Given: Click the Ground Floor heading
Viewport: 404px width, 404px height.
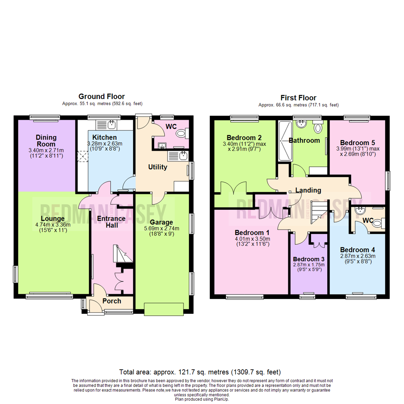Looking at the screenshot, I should (101, 97).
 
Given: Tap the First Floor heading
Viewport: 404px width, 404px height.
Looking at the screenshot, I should (298, 98).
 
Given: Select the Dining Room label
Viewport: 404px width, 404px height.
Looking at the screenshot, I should (46, 140).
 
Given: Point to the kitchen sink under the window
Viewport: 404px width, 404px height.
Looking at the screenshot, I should (111, 124).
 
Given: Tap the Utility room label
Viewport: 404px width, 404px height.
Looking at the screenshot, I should (157, 167).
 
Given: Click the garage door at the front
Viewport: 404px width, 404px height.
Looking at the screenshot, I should (164, 309).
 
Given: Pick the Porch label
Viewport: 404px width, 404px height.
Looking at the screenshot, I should (111, 301).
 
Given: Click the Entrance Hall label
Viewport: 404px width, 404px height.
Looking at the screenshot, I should (107, 222).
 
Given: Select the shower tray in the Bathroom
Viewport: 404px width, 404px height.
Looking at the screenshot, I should (285, 142).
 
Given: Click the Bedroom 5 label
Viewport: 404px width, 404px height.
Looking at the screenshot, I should (357, 143).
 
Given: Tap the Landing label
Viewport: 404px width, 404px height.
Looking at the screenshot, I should (308, 190).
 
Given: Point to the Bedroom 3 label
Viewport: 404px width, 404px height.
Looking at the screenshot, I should (309, 259).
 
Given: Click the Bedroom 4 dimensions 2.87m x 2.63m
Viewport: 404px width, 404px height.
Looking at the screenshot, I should (357, 256).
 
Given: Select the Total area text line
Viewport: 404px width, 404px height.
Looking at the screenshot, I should (200, 372).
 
